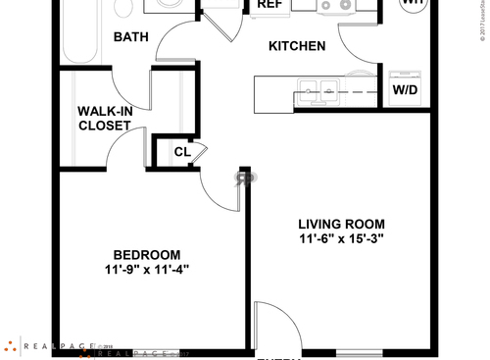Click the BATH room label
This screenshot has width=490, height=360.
point(130,38)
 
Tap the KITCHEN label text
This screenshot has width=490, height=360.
point(297,46)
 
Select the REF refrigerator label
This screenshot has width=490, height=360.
point(269,5)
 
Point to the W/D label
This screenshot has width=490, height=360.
point(405,90)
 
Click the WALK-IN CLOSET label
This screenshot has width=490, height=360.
point(105,118)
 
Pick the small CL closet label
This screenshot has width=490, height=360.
point(182,151)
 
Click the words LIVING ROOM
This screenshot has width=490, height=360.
point(342,223)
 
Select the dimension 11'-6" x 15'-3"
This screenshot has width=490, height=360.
point(342,238)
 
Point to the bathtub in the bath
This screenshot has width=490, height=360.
point(74,34)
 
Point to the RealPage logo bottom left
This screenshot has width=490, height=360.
point(49,346)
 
